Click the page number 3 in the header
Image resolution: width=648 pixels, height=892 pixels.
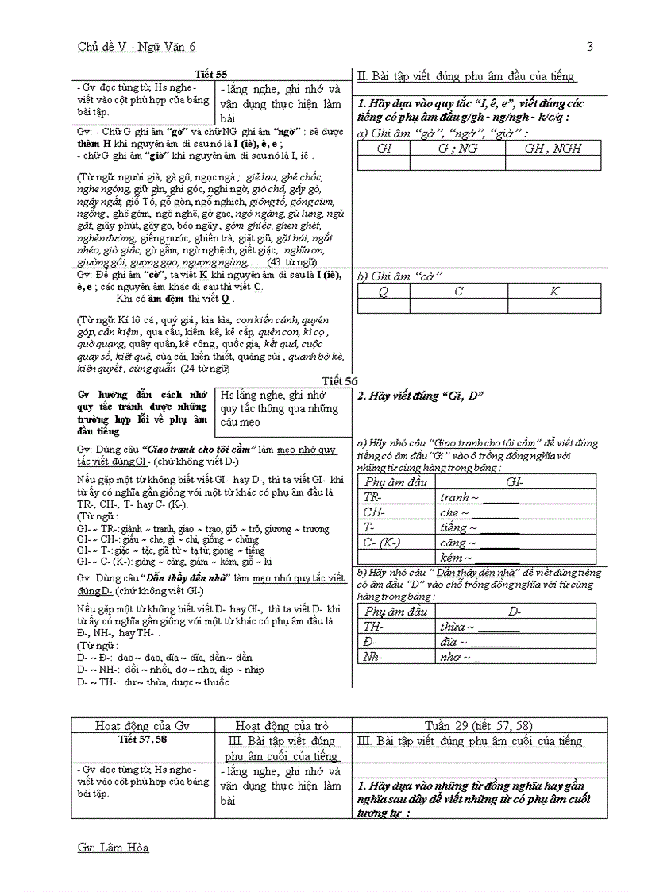(x=589, y=47)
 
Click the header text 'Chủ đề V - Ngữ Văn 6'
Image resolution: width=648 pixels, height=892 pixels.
(x=137, y=47)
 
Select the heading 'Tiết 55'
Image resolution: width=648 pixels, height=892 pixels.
(x=210, y=74)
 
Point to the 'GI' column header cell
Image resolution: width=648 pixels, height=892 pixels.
(x=384, y=149)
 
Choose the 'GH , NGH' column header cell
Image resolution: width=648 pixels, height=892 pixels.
(x=553, y=149)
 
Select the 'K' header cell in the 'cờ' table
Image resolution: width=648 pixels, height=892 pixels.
(x=553, y=292)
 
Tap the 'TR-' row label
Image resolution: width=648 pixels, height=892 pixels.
(x=373, y=497)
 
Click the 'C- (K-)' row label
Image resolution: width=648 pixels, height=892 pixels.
(x=382, y=543)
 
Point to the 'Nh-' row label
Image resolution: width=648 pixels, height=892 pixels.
(x=374, y=657)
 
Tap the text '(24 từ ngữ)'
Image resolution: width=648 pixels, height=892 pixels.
(x=205, y=369)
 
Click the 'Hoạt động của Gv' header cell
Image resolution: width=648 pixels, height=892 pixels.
(x=143, y=725)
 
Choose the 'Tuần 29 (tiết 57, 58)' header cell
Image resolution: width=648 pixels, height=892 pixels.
(x=478, y=725)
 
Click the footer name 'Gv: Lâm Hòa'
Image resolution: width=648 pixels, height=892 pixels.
(x=113, y=848)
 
